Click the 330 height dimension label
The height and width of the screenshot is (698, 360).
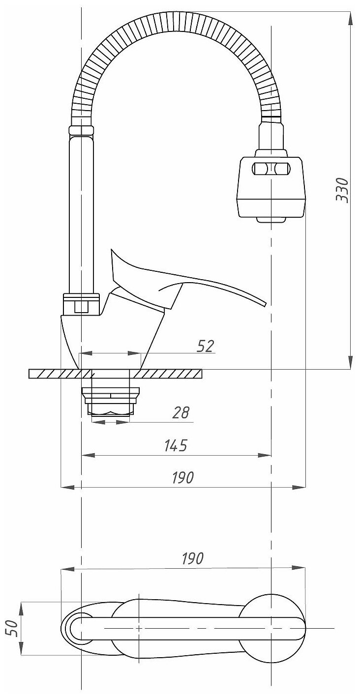(x=342, y=189)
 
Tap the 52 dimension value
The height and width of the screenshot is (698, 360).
(x=206, y=346)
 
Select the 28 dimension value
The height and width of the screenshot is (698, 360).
(x=181, y=412)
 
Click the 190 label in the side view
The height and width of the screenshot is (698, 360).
(x=183, y=477)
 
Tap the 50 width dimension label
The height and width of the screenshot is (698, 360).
(x=14, y=628)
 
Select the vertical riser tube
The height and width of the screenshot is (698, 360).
(x=81, y=216)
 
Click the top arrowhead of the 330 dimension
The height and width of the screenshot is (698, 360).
(x=350, y=16)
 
